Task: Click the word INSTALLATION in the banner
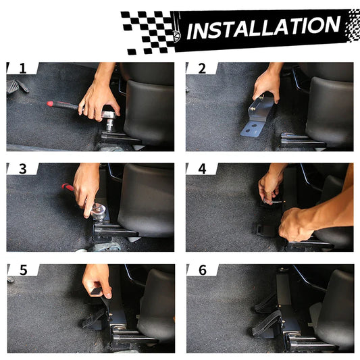(263, 28)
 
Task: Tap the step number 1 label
(23, 68)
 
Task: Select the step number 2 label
(202, 68)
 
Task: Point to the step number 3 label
(23, 169)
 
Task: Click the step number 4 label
(202, 169)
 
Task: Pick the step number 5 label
(24, 270)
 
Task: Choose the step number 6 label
(203, 270)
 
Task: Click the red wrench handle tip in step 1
(49, 104)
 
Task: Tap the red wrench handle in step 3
(68, 187)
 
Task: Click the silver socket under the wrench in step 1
(110, 125)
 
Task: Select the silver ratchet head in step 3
(99, 210)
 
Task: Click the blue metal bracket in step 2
(257, 117)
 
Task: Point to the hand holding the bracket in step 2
(267, 83)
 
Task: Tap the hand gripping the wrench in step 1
(98, 97)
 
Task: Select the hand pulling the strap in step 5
(97, 280)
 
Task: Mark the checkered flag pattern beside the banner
(149, 32)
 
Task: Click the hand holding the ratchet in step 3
(86, 188)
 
